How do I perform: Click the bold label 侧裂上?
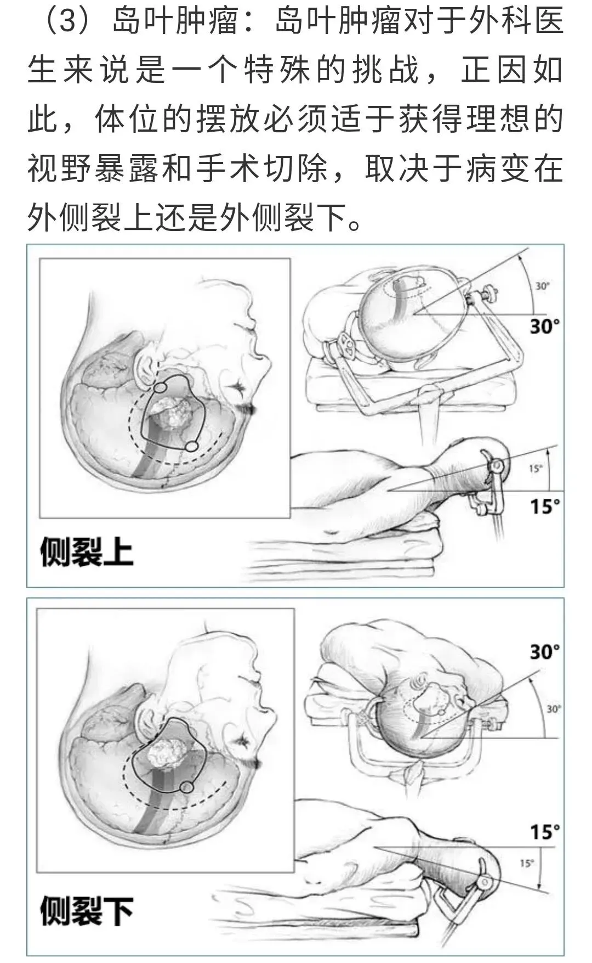pyautogui.click(x=87, y=551)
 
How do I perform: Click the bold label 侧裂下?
pyautogui.click(x=87, y=911)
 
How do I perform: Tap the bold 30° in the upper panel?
pyautogui.click(x=545, y=326)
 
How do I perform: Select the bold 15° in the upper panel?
pyautogui.click(x=545, y=505)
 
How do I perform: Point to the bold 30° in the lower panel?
pyautogui.click(x=545, y=652)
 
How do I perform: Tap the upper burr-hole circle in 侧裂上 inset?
pyautogui.click(x=160, y=387)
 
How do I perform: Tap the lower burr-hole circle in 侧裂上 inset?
pyautogui.click(x=190, y=446)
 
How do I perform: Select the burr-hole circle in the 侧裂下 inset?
pyautogui.click(x=187, y=787)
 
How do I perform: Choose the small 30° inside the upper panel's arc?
pyautogui.click(x=542, y=286)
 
